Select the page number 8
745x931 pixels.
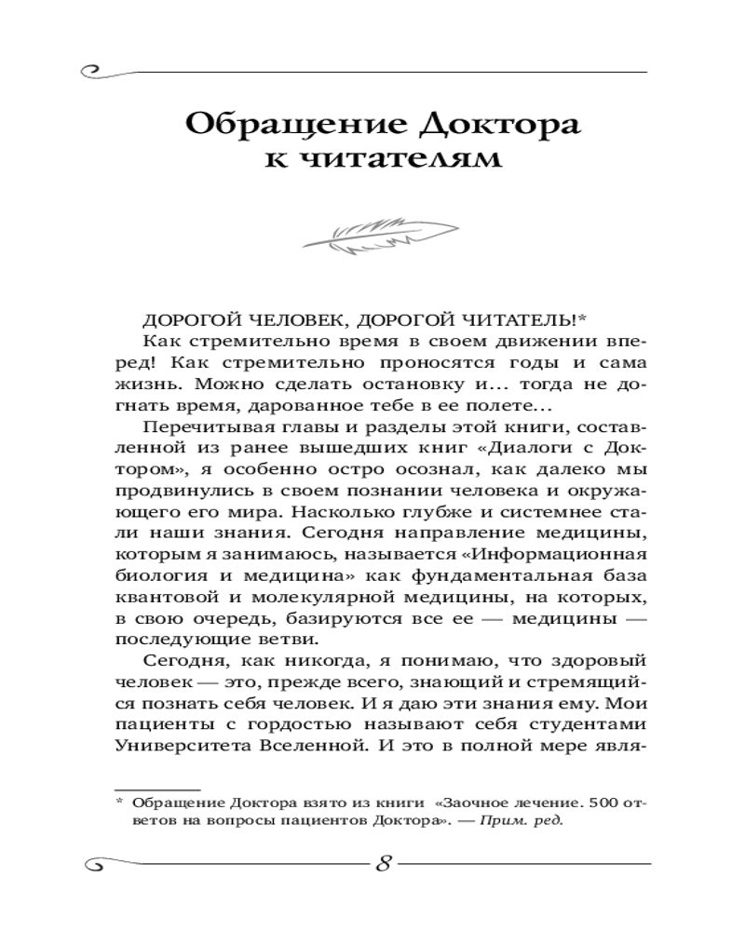pos(383,861)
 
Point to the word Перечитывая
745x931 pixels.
pos(197,427)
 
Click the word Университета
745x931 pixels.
pos(175,748)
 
